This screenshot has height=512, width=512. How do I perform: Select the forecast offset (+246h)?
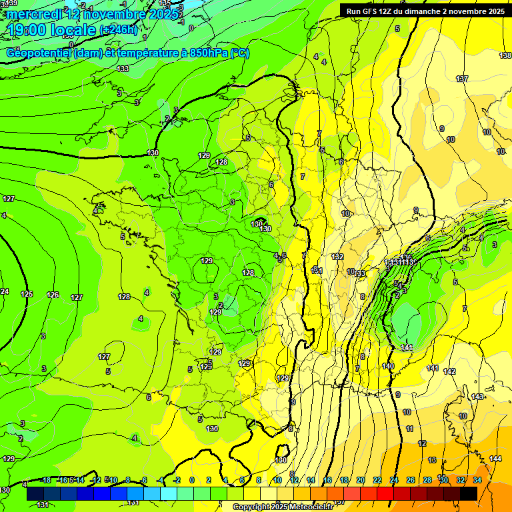(118, 30)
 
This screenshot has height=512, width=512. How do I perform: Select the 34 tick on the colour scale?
(477, 480)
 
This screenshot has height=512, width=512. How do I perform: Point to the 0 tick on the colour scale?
(192, 480)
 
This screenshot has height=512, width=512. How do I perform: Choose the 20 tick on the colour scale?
(361, 480)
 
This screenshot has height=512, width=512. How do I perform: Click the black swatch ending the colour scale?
(469, 493)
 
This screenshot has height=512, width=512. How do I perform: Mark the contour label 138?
(505, 56)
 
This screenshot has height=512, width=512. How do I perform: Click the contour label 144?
(495, 459)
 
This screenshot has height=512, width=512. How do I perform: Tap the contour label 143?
(477, 397)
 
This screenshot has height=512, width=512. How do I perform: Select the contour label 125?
(27, 294)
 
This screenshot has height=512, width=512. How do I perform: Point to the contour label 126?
(53, 295)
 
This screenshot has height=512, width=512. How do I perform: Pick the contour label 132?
(337, 257)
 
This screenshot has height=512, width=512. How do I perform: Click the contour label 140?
(389, 366)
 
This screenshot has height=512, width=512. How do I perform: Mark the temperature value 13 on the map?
(432, 460)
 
